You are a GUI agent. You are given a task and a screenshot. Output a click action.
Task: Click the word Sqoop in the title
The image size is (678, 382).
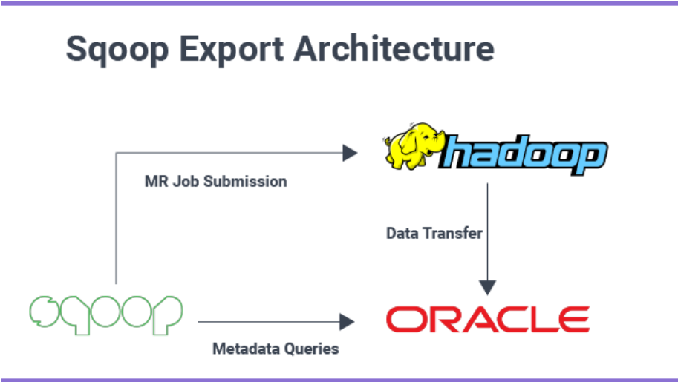[x=118, y=49]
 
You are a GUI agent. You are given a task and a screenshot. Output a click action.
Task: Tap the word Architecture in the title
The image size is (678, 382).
[x=394, y=49]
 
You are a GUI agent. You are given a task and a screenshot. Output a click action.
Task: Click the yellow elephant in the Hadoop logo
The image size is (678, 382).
[x=411, y=148]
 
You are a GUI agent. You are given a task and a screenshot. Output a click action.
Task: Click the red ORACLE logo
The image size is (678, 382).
[x=487, y=320]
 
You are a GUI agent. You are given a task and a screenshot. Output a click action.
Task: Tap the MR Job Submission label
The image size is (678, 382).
[x=215, y=181]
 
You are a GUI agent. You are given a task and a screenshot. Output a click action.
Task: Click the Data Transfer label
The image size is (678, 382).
[x=434, y=234]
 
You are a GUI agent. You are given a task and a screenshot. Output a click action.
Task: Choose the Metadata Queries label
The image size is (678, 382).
[x=276, y=348]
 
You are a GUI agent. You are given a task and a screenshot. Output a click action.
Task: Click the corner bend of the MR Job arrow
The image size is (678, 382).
[x=117, y=154]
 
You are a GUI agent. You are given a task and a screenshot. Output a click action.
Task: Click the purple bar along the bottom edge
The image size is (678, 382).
[x=339, y=379]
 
